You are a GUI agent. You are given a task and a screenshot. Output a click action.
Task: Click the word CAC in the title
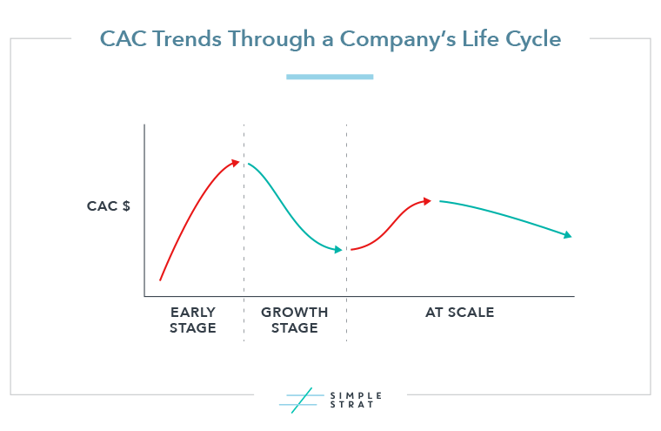point(124,39)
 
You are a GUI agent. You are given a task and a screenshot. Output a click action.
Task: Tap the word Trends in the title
point(187,39)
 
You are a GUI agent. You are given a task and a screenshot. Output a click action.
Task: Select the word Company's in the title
point(398,40)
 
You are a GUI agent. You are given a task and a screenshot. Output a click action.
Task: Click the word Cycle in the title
point(533,40)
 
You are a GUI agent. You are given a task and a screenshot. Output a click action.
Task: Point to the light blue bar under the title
point(330,77)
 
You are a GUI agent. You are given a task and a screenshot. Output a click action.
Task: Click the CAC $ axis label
point(109,206)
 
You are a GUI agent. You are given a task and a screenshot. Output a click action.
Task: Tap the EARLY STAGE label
point(193,320)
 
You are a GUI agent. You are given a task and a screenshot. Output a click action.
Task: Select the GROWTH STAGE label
point(294,320)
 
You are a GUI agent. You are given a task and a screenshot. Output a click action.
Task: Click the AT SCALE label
point(459,313)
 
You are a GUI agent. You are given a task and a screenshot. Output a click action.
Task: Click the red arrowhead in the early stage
point(235,163)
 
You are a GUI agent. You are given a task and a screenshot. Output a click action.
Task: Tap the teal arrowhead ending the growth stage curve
point(338,250)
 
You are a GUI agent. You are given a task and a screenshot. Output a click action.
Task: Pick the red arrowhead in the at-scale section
point(427,201)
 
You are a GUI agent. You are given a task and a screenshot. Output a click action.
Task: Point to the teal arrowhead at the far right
point(568,235)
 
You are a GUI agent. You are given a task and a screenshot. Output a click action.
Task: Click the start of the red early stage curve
point(160,279)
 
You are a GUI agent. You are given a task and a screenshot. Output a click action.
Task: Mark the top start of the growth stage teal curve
point(249,164)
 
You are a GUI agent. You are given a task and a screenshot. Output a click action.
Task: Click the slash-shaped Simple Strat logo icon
point(302,401)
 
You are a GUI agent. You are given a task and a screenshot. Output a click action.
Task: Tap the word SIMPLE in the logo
point(356,395)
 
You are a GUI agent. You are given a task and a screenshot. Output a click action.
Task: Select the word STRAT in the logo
point(351,404)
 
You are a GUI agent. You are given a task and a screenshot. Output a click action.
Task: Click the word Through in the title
point(271,40)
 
